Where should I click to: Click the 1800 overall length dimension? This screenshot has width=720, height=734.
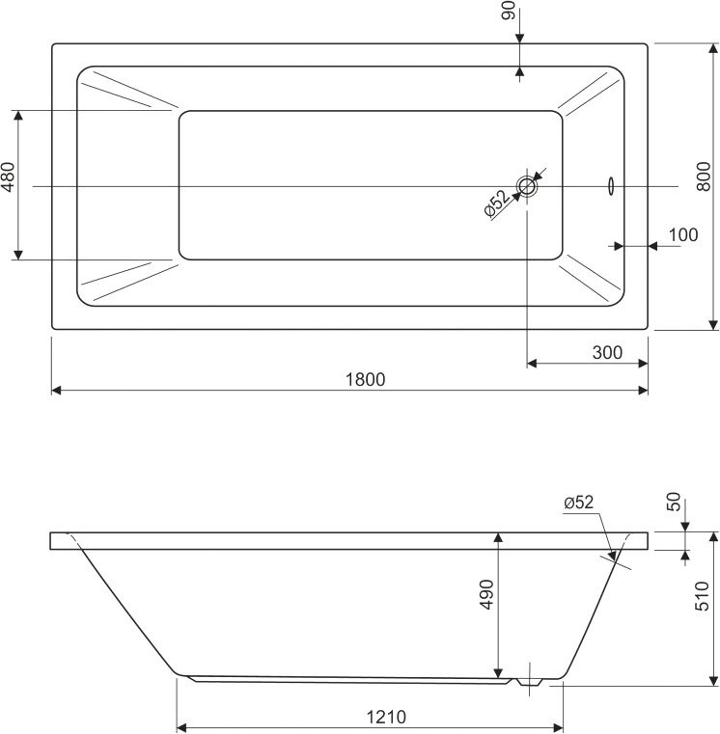[x=366, y=379]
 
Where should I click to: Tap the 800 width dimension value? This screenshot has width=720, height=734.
[x=704, y=177]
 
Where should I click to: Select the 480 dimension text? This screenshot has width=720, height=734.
[x=9, y=177]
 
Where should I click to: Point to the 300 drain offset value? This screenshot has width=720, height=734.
[x=607, y=352]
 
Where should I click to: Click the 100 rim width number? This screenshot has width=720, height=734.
[x=683, y=234]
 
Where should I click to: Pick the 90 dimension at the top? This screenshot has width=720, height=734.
[x=509, y=11]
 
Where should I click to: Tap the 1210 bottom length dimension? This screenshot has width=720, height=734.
[x=386, y=717]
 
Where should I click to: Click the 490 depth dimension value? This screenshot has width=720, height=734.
[x=487, y=594]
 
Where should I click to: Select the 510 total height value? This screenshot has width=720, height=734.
[x=703, y=596]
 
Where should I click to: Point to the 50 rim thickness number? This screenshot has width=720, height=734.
[x=673, y=502]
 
